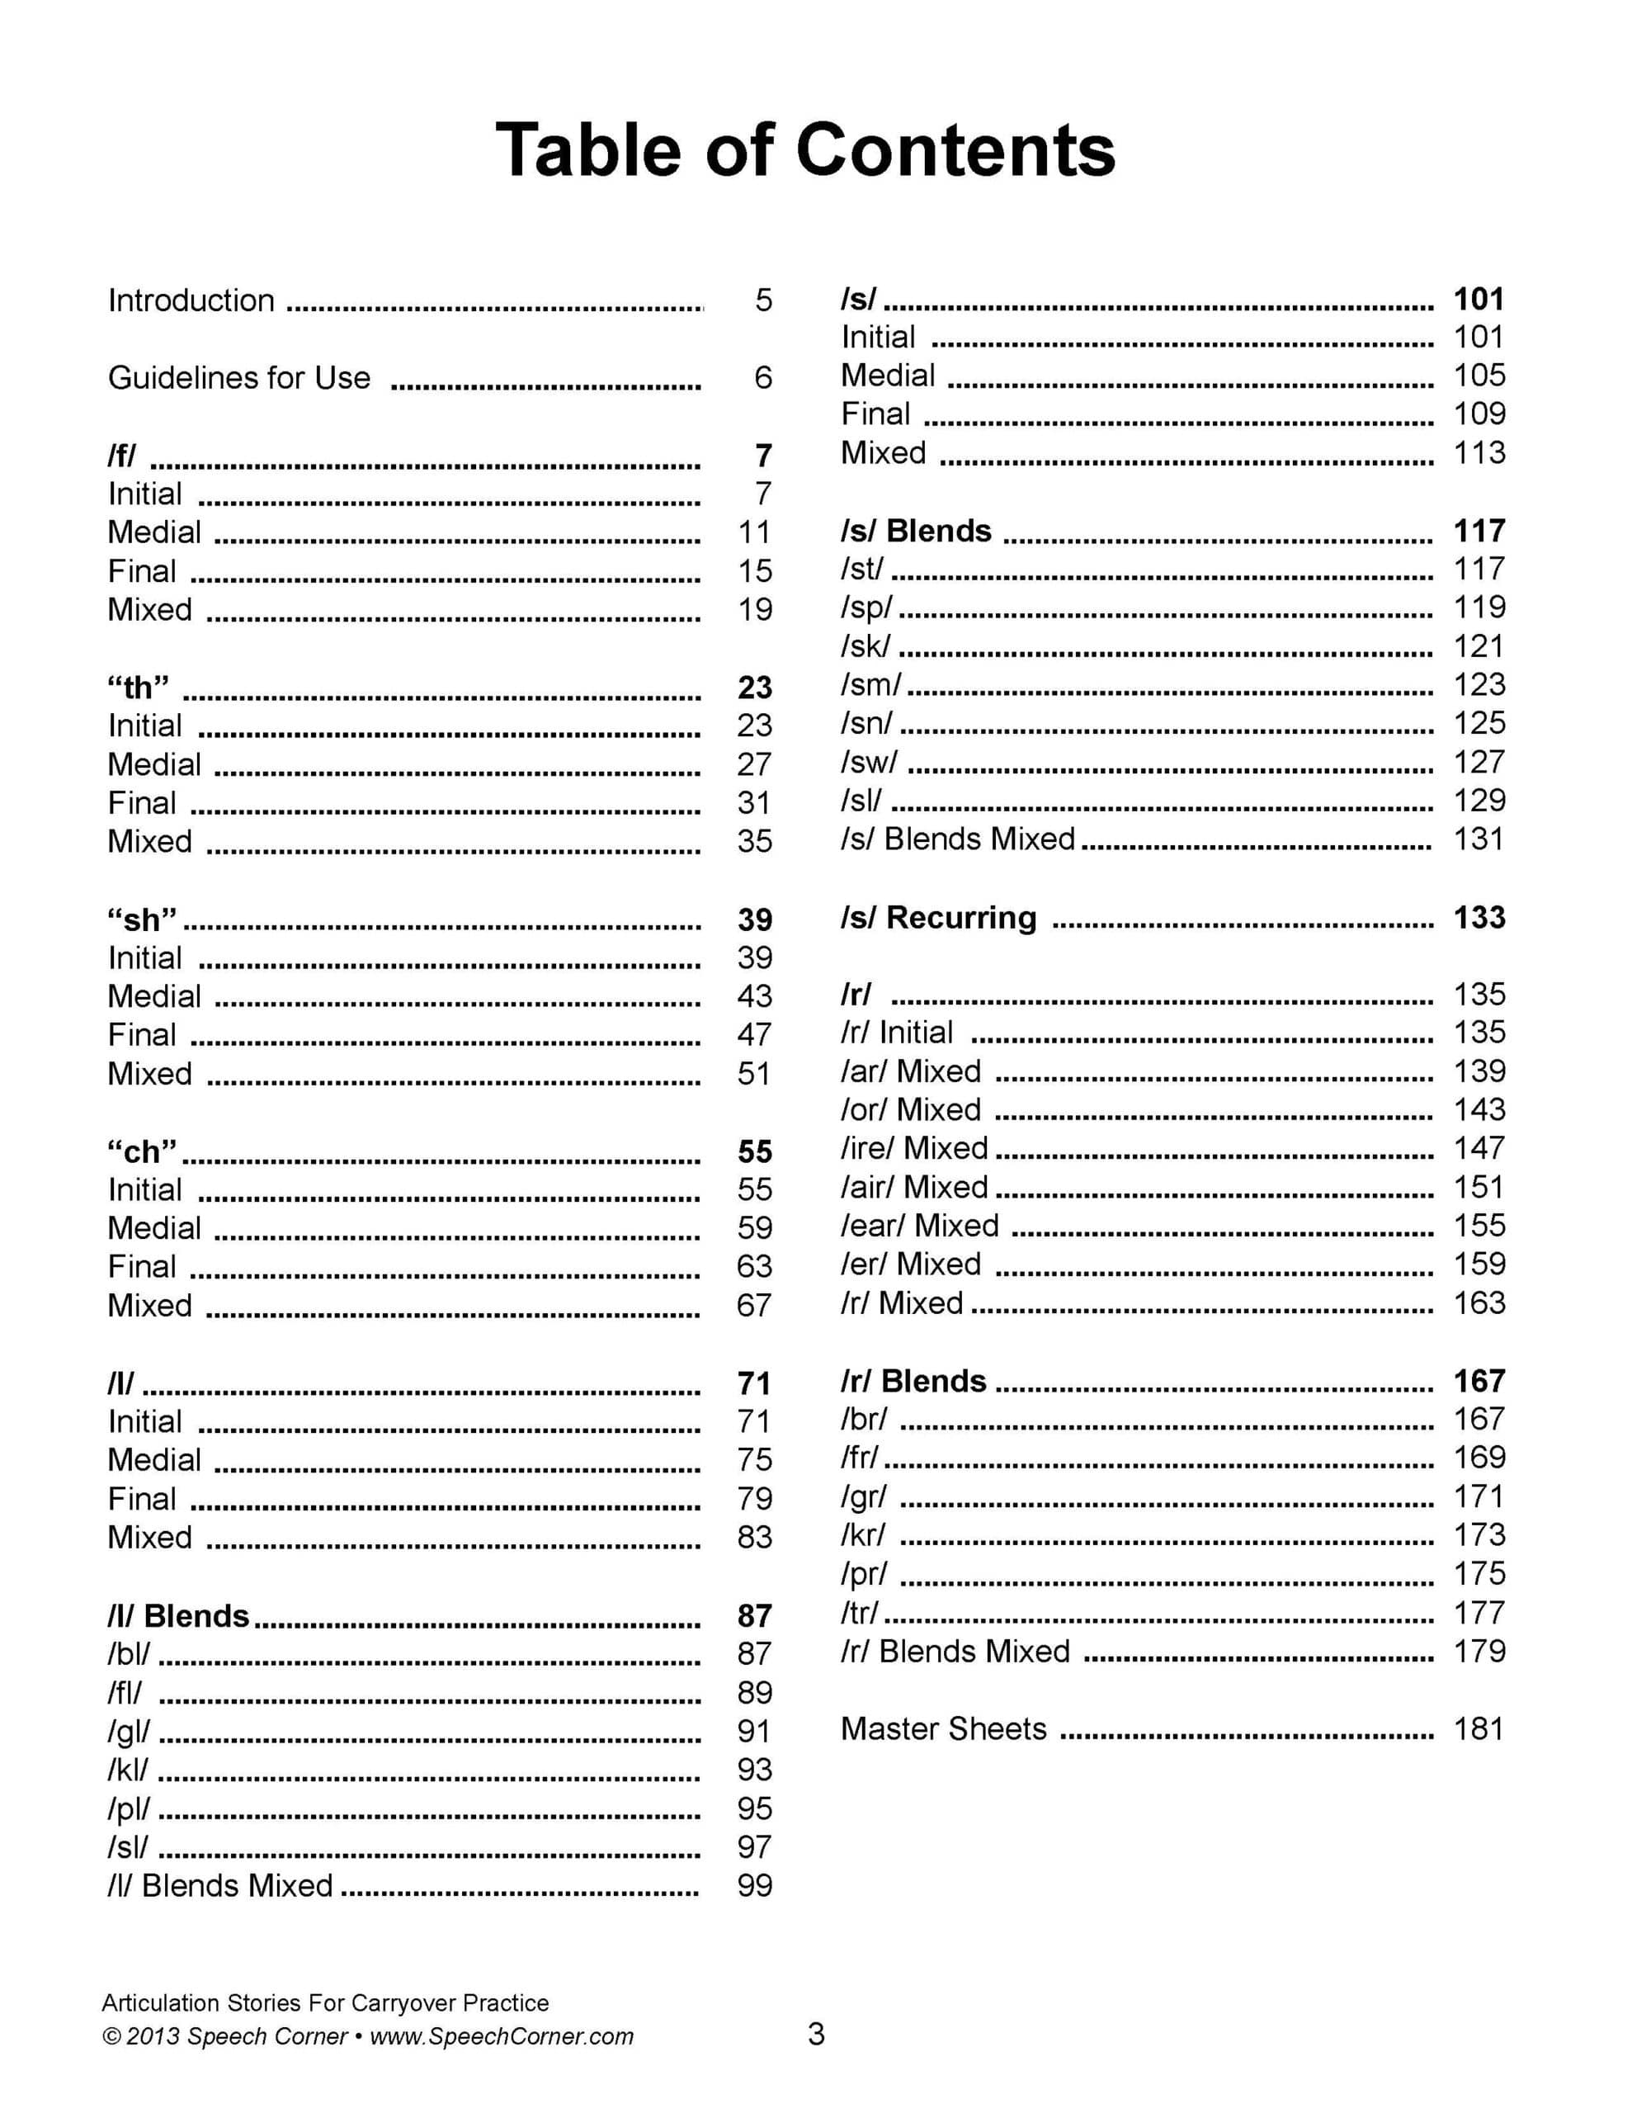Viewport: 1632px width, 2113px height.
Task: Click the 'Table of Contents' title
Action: point(805,150)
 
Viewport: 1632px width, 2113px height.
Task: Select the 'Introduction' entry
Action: point(191,301)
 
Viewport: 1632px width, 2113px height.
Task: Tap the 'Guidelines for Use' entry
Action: point(239,378)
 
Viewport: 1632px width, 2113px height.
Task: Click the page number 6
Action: point(762,378)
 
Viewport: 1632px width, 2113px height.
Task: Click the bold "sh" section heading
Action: point(141,920)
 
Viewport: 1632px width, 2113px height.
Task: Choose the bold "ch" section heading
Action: point(141,1152)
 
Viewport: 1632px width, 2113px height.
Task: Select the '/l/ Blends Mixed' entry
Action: point(219,1886)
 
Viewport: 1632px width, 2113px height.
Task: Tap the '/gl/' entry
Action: point(129,1731)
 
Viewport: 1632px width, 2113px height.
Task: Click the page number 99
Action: point(755,1886)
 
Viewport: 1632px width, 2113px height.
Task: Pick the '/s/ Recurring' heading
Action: point(937,917)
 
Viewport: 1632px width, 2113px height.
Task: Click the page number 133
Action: point(1479,917)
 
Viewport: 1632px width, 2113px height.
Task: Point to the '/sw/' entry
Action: point(869,763)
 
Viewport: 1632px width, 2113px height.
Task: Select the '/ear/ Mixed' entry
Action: point(919,1226)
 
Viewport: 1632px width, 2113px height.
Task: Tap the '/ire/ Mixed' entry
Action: point(914,1148)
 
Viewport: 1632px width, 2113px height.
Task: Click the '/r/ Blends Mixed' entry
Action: point(955,1652)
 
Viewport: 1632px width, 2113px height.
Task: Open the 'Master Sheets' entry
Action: point(943,1729)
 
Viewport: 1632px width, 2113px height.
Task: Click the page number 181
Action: point(1479,1729)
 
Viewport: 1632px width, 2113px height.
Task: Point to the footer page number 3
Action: point(815,2035)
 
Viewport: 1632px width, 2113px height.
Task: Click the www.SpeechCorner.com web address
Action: point(501,2036)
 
